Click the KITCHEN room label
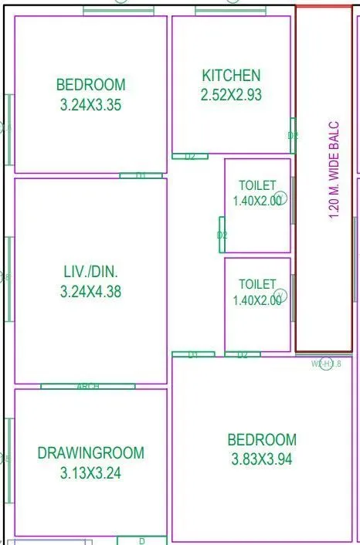231,76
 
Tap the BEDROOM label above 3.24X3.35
90,85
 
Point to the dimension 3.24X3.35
90,105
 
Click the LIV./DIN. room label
90,272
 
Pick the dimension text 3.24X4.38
90,292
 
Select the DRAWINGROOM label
90,453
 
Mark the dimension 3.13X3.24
90,473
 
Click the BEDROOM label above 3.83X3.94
261,440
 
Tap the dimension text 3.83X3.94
261,459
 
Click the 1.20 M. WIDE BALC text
335,170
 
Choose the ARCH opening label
87,386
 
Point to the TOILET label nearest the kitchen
256,186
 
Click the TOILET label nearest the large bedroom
256,285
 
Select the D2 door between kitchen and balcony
293,135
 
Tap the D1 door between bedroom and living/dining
141,176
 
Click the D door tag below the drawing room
141,541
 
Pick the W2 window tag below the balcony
325,364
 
